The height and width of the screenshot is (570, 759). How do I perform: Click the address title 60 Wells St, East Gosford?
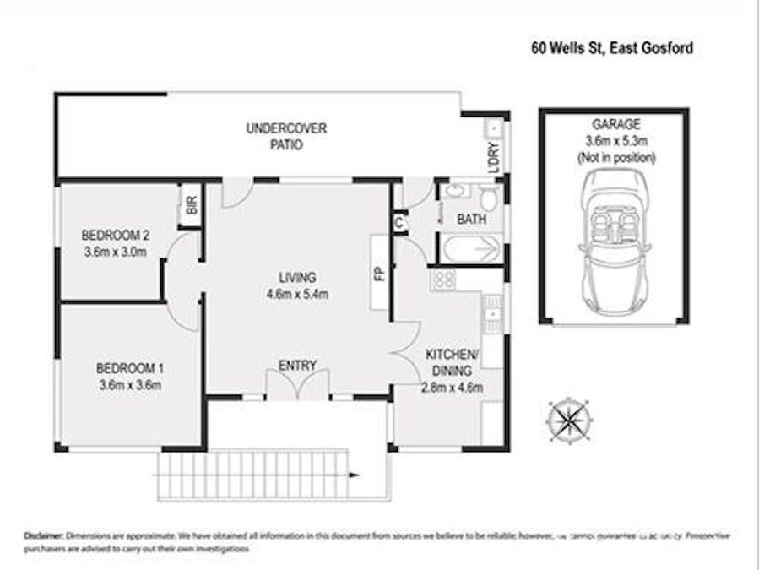611,48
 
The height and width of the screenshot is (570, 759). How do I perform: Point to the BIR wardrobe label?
192,205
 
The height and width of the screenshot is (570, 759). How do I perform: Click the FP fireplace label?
380,274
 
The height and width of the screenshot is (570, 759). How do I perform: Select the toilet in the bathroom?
487,197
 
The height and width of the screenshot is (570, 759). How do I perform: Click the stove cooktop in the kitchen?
444,280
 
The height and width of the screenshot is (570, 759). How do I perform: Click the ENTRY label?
297,366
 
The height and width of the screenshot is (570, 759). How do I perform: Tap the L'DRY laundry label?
495,158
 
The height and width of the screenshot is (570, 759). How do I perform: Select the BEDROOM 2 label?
116,235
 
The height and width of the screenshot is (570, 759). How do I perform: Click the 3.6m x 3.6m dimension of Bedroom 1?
129,385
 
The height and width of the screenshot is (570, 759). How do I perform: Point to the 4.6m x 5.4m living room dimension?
298,294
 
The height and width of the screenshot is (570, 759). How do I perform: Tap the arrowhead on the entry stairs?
354,475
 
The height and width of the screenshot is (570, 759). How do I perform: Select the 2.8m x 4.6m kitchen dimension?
453,388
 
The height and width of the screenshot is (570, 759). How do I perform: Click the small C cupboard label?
399,223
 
